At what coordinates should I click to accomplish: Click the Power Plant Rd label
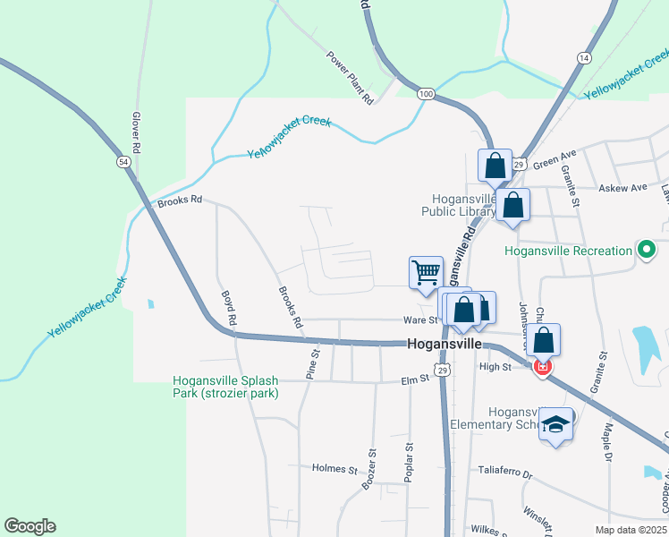pos(350,78)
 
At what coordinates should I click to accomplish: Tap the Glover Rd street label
pos(137,132)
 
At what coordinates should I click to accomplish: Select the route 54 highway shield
pos(124,161)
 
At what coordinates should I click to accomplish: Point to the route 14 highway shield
pos(584,57)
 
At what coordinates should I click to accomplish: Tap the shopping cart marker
pos(426,272)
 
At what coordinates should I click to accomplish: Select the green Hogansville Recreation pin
pos(644,250)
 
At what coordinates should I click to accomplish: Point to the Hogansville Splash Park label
pos(226,387)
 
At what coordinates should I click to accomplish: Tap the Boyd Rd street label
pos(229,307)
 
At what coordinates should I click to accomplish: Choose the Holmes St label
pos(334,468)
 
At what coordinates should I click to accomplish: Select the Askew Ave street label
pos(622,188)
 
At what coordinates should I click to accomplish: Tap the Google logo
pos(30,526)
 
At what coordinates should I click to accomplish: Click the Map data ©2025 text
pos(631,530)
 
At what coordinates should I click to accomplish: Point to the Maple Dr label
pos(607,444)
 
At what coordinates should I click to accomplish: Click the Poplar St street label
pos(409,464)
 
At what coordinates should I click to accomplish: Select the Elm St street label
pos(417,379)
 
